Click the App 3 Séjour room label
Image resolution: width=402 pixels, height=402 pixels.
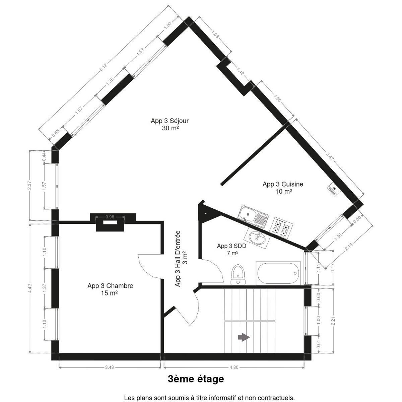point(170,124)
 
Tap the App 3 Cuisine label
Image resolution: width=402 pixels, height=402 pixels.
point(283,188)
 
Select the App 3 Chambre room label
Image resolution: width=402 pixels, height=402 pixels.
point(110,289)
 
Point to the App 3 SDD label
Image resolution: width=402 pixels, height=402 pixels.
point(231,249)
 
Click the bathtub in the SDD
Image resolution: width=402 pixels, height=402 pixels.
point(278,273)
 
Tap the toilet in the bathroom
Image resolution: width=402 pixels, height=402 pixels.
point(238,275)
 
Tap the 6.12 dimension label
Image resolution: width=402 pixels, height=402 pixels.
point(103,67)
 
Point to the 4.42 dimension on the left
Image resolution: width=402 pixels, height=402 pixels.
point(30,288)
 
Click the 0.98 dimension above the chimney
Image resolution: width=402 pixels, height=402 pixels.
point(110,217)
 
